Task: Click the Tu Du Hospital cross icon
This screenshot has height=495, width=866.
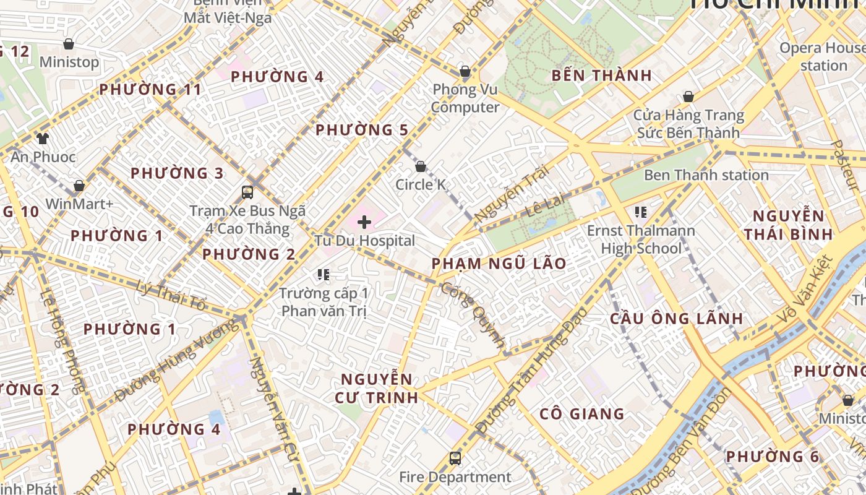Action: (x=364, y=222)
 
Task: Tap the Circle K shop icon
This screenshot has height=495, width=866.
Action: (x=421, y=166)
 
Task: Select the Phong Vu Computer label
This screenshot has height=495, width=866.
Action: (x=465, y=98)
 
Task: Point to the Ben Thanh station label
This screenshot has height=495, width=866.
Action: (x=706, y=175)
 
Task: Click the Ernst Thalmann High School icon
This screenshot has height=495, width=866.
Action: (x=641, y=212)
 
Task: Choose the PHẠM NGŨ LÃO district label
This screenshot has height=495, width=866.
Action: (x=499, y=264)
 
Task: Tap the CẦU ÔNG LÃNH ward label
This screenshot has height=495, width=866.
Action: (x=677, y=319)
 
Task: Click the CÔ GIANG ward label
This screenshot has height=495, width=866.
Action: (x=581, y=414)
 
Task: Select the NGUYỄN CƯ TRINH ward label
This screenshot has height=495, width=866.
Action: (x=377, y=388)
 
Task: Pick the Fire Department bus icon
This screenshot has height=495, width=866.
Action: (x=455, y=458)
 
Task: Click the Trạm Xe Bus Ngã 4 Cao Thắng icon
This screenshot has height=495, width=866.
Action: (x=247, y=192)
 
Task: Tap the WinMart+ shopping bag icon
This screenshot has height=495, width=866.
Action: (x=79, y=186)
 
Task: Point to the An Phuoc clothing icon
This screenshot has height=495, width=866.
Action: (x=42, y=138)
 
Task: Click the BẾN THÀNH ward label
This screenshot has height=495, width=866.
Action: (x=602, y=75)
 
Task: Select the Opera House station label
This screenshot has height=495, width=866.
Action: (x=822, y=56)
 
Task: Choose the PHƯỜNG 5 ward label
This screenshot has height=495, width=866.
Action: (x=362, y=130)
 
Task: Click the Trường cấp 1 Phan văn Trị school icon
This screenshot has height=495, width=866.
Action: (x=323, y=274)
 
